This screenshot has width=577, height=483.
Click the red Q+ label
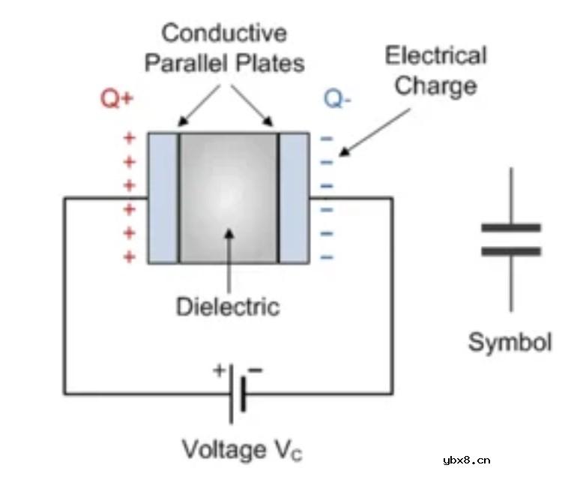point(116,99)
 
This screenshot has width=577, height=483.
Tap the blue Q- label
point(336,99)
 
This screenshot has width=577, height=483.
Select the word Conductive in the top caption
point(224,33)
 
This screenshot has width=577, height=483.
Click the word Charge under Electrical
point(435,85)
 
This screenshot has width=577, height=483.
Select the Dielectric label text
point(228,307)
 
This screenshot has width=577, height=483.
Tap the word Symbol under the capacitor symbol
point(510,342)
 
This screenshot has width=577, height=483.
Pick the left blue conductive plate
point(163,198)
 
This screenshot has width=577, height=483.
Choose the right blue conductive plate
point(294,198)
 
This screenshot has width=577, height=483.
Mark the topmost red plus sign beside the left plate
point(130,139)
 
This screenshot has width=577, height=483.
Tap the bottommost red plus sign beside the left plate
point(130,256)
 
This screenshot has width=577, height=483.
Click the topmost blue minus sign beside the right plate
point(326,139)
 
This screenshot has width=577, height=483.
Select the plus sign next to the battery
point(220,369)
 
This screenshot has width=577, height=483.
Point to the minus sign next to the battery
point(256,369)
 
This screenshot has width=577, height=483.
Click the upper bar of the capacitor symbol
point(511,226)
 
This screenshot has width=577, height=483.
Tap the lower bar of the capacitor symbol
point(511,251)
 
